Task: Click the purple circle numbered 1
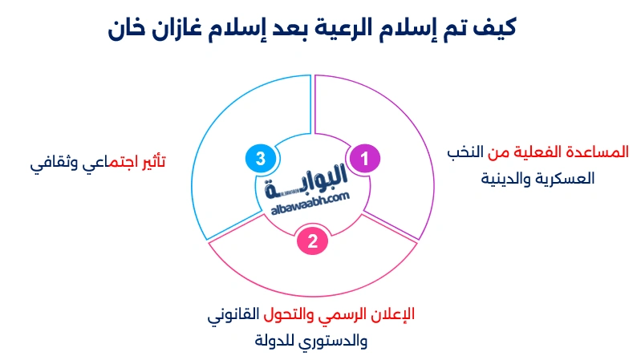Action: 364,159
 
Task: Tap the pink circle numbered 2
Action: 312,239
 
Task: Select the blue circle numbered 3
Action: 260,159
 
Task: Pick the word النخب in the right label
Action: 469,152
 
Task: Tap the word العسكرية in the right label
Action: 562,178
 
